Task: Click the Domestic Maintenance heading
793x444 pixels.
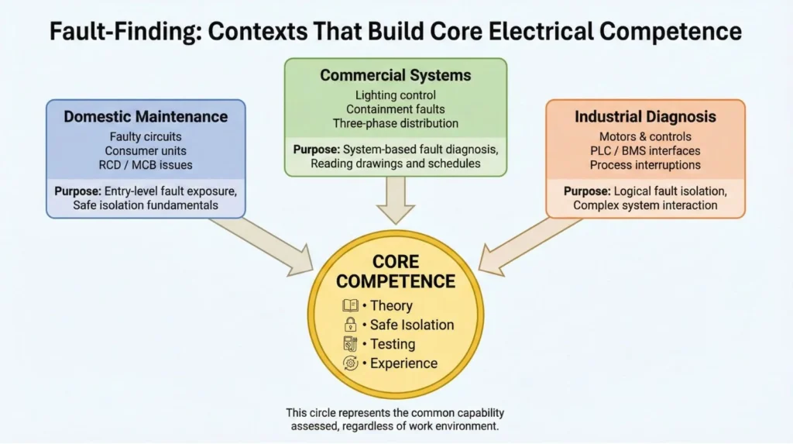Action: pos(146,117)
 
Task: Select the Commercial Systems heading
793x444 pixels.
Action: pos(395,76)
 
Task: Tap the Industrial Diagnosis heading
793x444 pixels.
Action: pos(645,117)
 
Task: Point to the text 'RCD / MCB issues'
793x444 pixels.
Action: pos(146,164)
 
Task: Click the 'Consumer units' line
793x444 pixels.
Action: pos(146,150)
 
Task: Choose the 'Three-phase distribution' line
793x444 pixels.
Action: pos(395,123)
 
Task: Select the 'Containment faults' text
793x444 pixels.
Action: pos(395,109)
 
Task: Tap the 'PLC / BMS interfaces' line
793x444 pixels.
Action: pos(645,150)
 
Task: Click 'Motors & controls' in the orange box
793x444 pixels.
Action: pos(645,136)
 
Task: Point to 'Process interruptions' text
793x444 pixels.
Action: pos(645,164)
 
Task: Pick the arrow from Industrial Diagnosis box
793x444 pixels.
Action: pos(527,244)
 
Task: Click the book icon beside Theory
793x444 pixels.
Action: pos(350,305)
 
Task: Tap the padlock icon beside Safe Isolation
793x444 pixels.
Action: pos(350,325)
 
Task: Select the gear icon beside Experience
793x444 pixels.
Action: pos(350,363)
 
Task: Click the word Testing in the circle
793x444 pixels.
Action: pos(392,344)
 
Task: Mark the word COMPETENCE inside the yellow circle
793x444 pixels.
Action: pos(395,281)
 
